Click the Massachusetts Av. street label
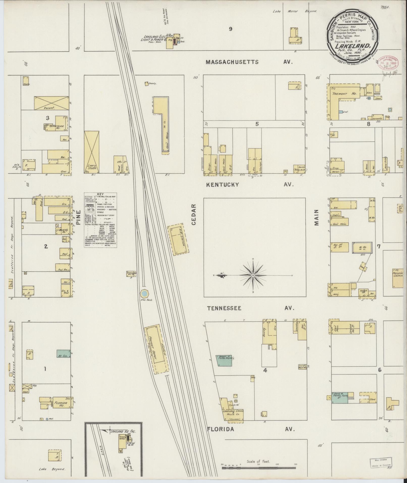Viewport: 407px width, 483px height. point(249,62)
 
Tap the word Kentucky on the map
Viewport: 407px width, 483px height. point(222,185)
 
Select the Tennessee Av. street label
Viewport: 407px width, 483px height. point(224,308)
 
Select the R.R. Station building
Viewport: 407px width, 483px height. point(178,239)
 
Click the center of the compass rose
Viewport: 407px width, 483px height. point(253,275)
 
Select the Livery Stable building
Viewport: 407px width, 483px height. point(91,152)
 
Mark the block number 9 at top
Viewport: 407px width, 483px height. point(230,29)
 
